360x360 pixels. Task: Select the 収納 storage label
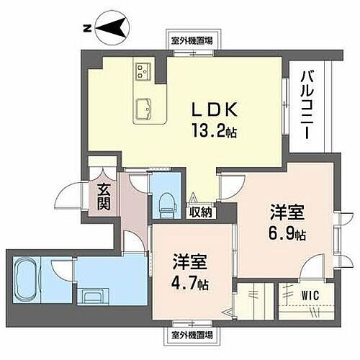201,212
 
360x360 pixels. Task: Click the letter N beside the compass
86,28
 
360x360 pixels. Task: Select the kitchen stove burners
142,71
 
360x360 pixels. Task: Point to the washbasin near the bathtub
92,296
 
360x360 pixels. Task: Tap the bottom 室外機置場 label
192,335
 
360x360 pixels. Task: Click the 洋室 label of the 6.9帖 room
287,214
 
